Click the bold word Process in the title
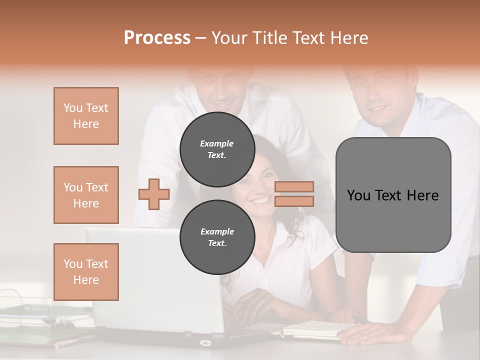[157, 37]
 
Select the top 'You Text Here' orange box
[86, 116]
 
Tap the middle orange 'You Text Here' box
[86, 195]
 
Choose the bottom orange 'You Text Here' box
[86, 272]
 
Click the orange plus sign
[154, 194]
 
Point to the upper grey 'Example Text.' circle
[217, 149]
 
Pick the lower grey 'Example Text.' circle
[217, 237]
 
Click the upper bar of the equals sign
[294, 186]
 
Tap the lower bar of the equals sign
[294, 201]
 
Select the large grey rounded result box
[393, 195]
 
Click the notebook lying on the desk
[315, 328]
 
